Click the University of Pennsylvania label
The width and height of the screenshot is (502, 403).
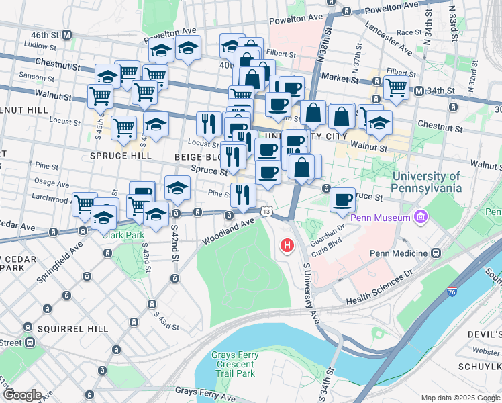point(427,182)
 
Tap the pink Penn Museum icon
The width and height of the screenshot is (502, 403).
point(421,218)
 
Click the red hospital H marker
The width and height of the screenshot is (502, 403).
point(287,246)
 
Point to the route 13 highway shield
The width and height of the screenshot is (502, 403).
point(267,212)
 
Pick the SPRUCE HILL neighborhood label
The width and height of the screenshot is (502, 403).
point(118,155)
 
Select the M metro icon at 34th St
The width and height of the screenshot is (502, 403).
point(419,91)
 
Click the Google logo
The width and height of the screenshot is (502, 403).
point(21,395)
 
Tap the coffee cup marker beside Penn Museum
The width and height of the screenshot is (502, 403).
point(342,199)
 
